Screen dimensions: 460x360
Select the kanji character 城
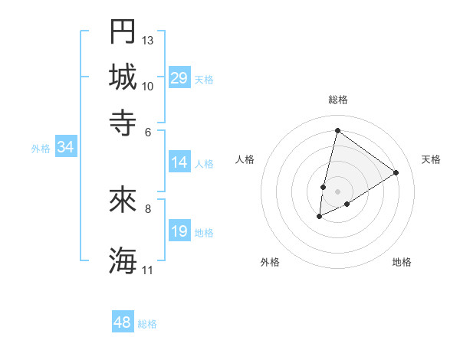click(123, 77)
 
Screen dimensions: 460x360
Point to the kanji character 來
click(123, 200)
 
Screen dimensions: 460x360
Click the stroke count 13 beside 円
click(148, 39)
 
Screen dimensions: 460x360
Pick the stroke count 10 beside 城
click(148, 86)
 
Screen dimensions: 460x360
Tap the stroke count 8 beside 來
click(148, 208)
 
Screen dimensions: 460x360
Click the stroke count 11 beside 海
click(148, 270)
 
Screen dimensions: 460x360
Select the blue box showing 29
click(179, 78)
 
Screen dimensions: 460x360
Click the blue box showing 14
click(179, 162)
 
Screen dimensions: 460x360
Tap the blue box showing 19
click(179, 231)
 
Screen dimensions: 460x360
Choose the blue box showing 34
click(65, 148)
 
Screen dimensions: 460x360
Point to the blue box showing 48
click(122, 322)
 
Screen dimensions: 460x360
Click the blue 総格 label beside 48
click(147, 324)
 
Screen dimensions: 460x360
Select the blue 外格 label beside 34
click(41, 149)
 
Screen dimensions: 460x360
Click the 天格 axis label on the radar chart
click(431, 159)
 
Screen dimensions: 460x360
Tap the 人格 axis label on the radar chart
click(245, 159)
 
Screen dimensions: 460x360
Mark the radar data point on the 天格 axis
click(396, 172)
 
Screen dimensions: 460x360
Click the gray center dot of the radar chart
click(337, 191)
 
